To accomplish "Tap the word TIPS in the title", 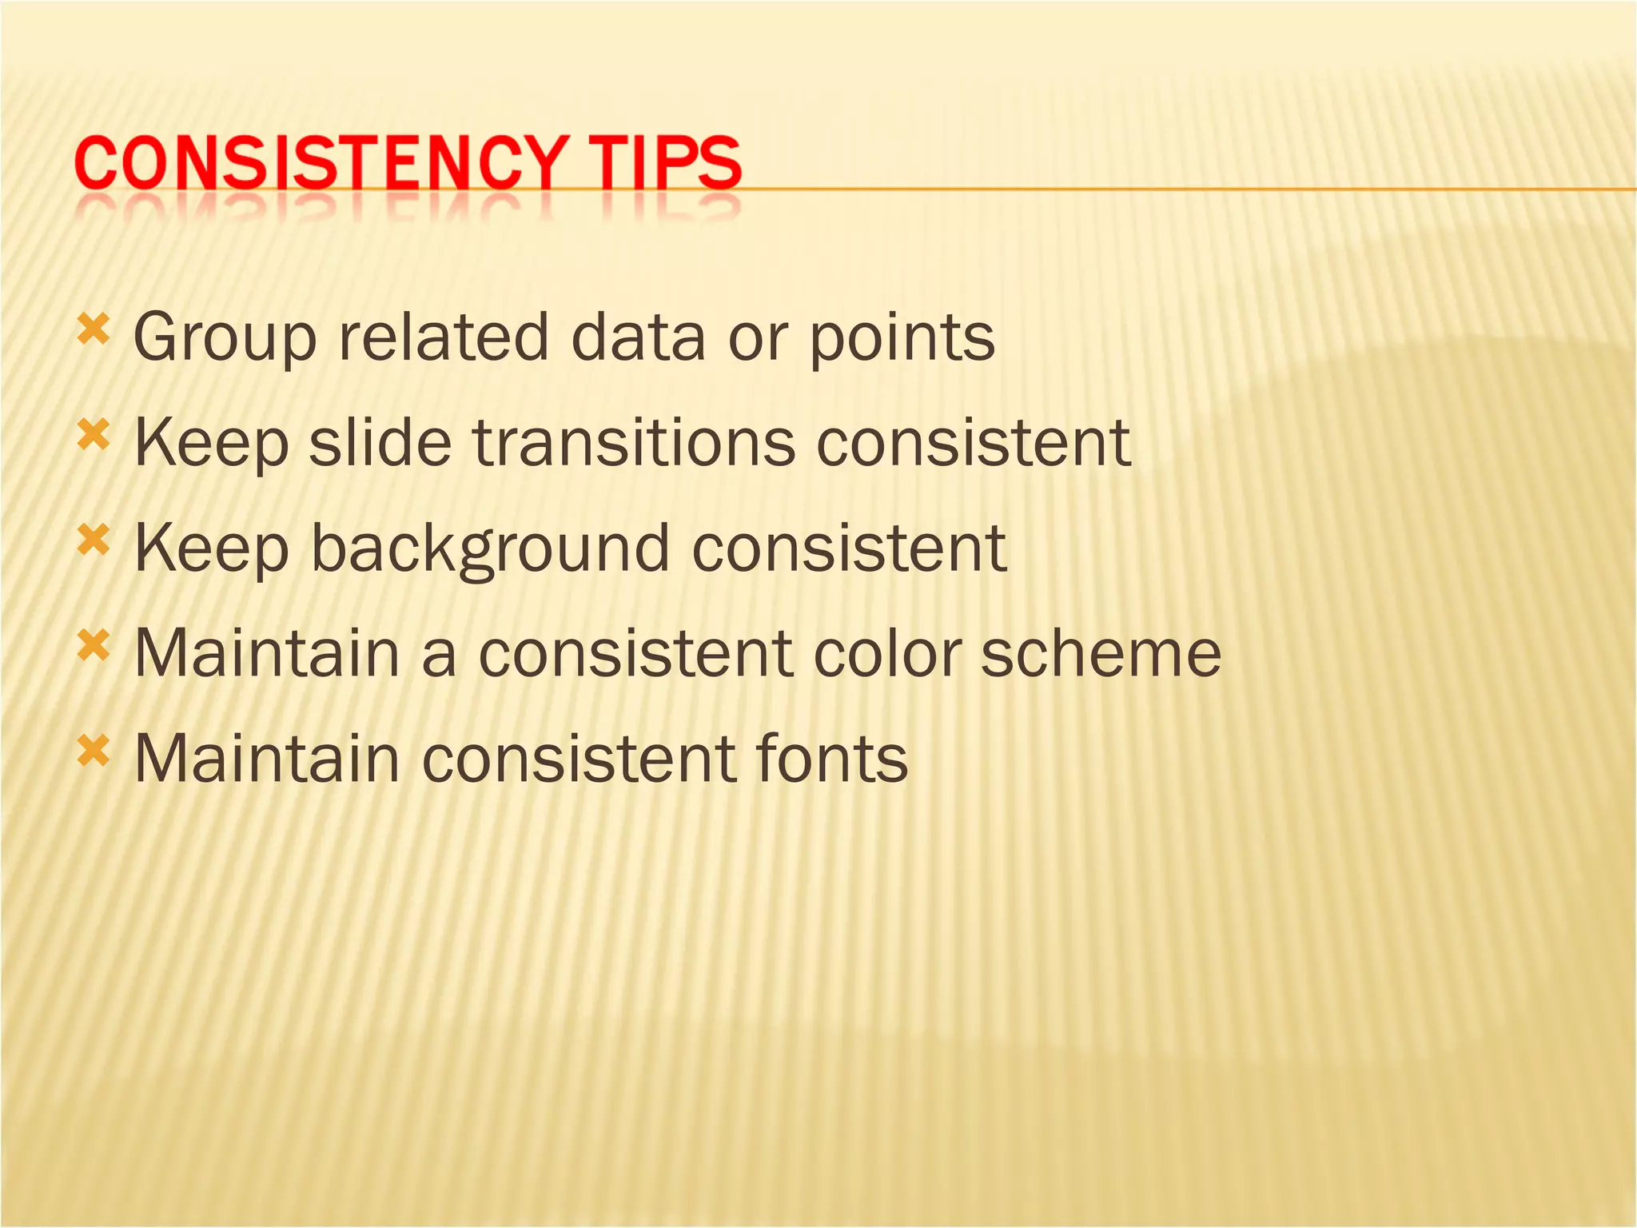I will [669, 164].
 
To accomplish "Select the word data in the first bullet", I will [638, 337].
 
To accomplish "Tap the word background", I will [489, 550].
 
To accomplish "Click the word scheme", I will [1101, 654].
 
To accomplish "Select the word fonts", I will [824, 759].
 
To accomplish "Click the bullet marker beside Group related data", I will [93, 329].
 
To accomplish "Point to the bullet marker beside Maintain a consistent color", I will [93, 645].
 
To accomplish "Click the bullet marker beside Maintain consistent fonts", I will [93, 751].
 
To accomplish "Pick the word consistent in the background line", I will [848, 548].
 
